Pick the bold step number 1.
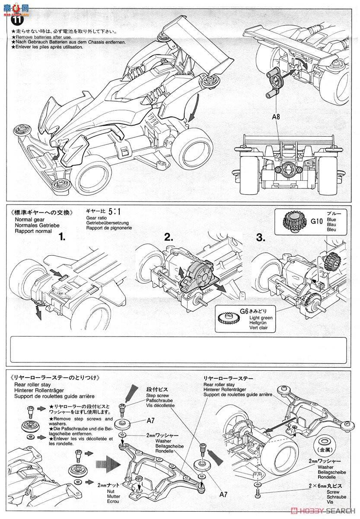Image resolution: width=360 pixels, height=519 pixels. click(63, 237)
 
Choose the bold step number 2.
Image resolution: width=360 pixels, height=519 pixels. click(169, 237)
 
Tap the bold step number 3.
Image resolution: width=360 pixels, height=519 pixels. click(261, 237)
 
